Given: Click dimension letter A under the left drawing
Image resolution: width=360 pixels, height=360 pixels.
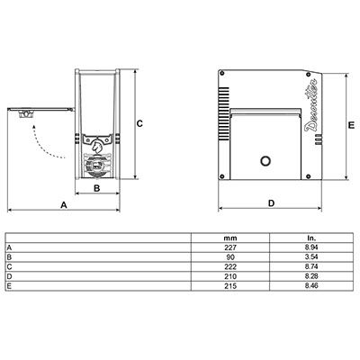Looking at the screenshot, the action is click(64, 205).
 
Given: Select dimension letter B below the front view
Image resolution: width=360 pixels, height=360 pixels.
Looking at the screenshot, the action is click(96, 188).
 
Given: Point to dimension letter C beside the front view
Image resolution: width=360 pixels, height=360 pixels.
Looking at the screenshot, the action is click(139, 123).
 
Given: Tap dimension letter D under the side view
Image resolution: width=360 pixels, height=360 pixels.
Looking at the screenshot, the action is click(271, 203).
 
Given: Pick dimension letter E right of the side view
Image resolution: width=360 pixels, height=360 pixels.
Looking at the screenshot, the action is click(351, 125).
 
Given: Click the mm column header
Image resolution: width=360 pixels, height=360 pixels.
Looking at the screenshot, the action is click(230, 238).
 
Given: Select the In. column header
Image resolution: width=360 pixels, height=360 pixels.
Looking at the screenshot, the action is click(311, 238).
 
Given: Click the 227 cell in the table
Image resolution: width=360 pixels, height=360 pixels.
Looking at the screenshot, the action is click(230, 247).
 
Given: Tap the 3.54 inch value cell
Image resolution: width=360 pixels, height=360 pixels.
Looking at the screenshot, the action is click(311, 257).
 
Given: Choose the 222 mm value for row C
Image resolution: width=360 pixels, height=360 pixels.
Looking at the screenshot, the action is click(230, 266).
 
